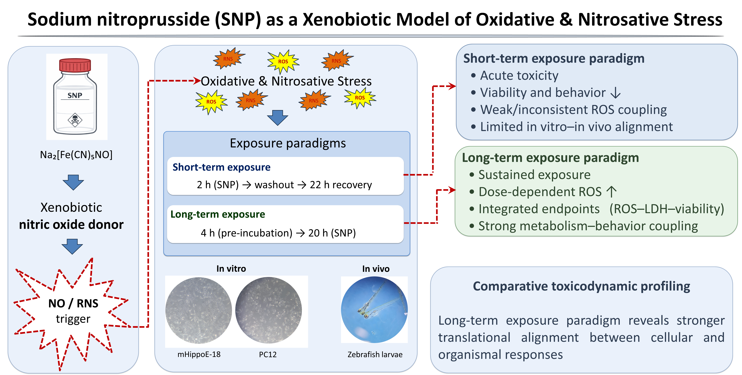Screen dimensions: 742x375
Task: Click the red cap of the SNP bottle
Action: point(75,65)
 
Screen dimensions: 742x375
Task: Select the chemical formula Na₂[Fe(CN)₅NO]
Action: point(76,155)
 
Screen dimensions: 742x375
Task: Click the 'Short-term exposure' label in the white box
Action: point(221,167)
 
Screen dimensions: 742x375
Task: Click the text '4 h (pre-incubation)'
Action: point(246,233)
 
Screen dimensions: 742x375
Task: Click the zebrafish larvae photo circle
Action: point(374,310)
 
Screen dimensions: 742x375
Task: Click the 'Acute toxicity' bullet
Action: point(519,76)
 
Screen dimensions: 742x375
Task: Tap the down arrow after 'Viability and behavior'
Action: point(615,93)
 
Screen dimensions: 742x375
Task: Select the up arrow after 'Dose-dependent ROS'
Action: point(611,192)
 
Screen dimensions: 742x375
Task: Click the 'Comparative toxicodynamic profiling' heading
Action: point(581,286)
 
